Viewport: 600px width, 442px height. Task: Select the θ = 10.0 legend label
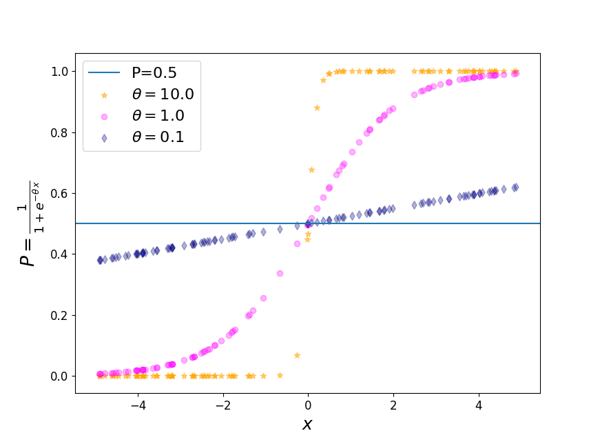coord(163,94)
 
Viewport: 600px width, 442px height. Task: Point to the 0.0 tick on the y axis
coord(61,376)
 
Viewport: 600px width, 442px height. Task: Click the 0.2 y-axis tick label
coord(61,315)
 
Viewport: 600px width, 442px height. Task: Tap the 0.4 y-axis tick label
coord(61,254)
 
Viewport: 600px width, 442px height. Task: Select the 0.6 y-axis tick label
coord(61,194)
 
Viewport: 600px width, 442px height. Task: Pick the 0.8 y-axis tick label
coord(61,132)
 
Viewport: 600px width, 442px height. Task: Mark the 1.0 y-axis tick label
coord(61,72)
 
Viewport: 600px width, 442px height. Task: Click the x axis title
coord(307,424)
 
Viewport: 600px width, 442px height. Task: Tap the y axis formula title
coord(28,223)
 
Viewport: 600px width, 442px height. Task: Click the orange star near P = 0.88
coord(317,108)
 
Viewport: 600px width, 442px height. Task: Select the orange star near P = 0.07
coord(297,355)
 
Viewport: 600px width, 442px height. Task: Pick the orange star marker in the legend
coord(104,94)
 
